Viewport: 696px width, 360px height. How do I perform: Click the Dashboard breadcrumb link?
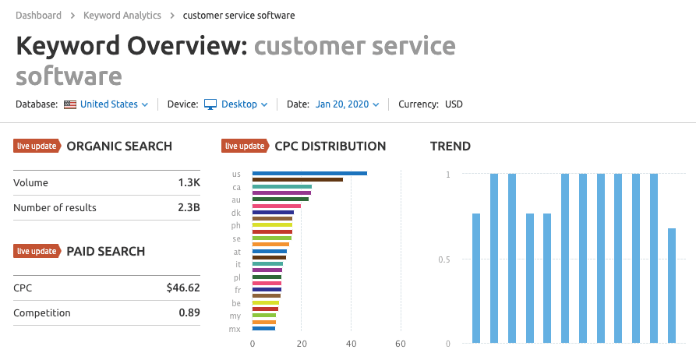37,16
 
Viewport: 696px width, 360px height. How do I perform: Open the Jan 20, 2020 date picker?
347,104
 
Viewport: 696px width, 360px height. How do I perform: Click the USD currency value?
454,104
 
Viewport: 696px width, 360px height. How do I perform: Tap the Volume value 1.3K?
189,183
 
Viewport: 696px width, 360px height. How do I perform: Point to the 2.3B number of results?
188,208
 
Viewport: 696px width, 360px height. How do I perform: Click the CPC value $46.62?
183,288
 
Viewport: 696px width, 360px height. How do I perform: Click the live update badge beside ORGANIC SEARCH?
37,146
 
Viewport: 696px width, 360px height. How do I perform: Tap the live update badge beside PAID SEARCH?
37,251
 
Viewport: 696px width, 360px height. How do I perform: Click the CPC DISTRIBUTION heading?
330,146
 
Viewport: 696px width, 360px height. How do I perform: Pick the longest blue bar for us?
309,173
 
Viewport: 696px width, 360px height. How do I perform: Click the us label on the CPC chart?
236,174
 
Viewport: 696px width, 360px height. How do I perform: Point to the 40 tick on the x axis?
351,344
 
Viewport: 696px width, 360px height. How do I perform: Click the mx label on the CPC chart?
235,329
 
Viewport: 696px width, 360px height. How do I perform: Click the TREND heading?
450,146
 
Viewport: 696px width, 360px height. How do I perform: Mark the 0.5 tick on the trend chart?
443,259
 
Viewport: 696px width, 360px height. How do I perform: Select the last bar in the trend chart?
672,285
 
